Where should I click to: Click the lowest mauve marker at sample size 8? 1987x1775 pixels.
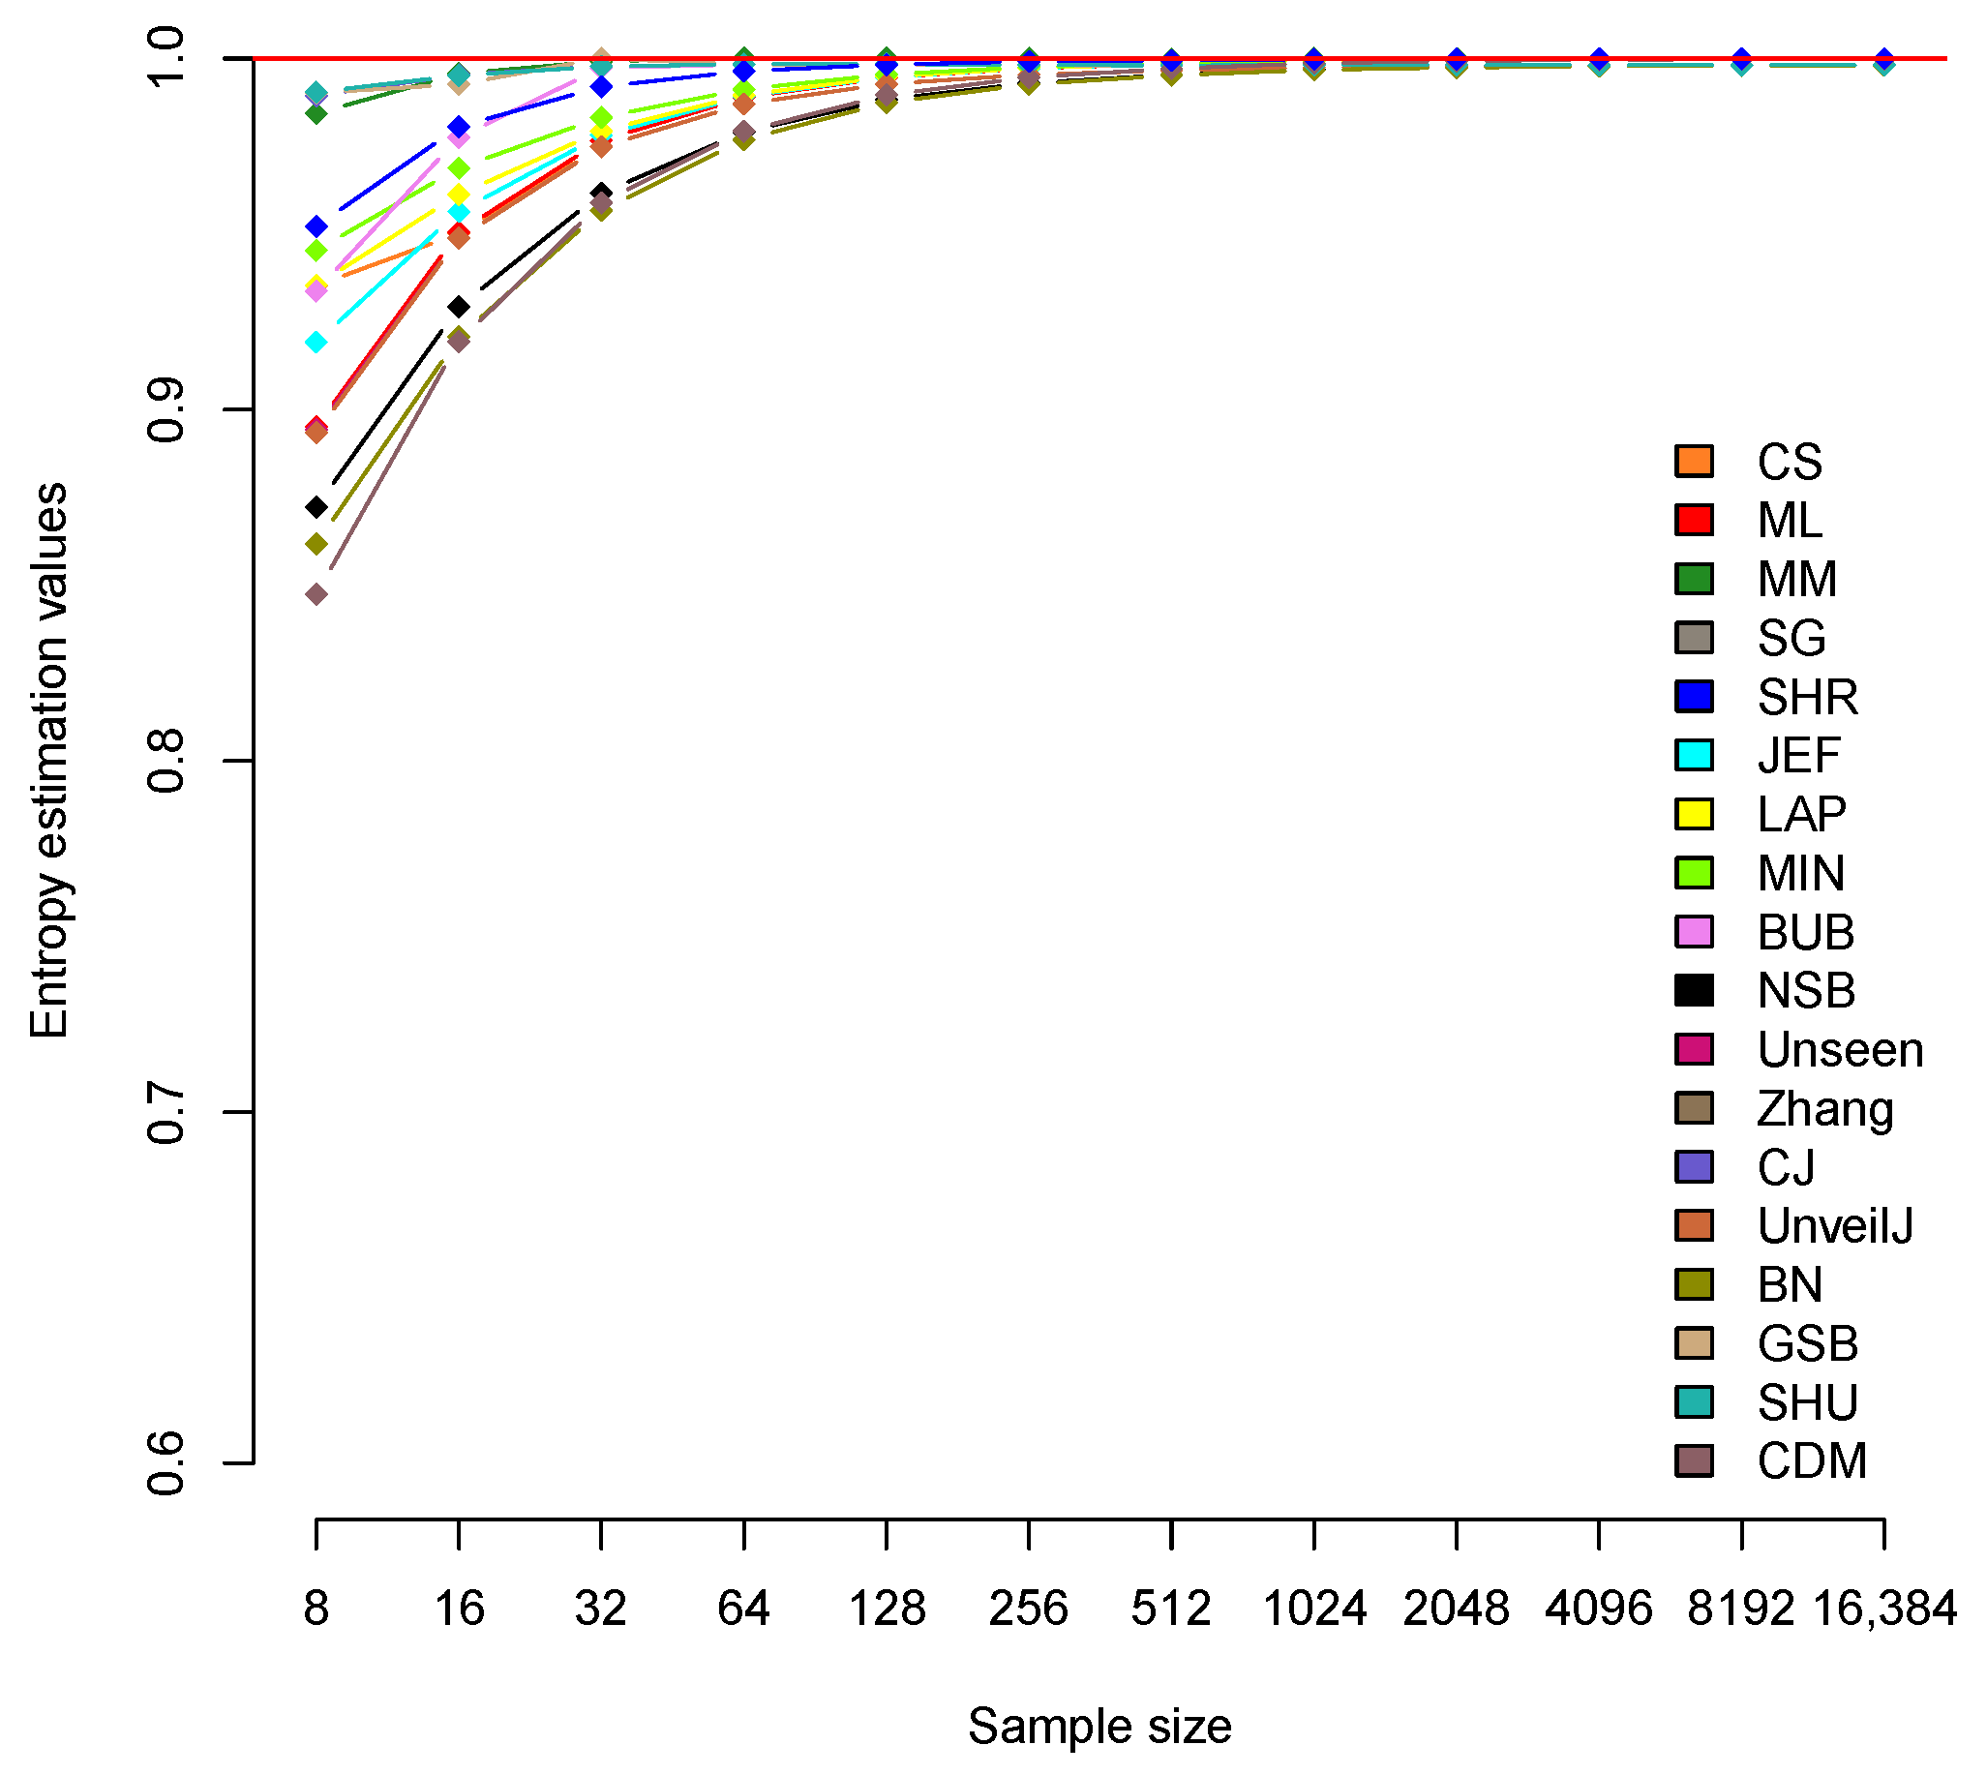pyautogui.click(x=316, y=594)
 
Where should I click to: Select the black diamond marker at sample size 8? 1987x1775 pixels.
pyautogui.click(x=316, y=507)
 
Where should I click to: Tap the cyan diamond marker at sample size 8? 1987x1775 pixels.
pyautogui.click(x=316, y=343)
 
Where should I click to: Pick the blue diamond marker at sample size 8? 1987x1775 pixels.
pyautogui.click(x=316, y=227)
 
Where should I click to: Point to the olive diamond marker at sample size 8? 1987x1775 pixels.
pyautogui.click(x=316, y=544)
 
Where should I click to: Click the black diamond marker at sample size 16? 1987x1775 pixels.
pyautogui.click(x=459, y=307)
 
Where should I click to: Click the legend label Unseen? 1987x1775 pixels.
pyautogui.click(x=1840, y=1050)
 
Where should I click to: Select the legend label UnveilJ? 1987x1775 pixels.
pyautogui.click(x=1835, y=1226)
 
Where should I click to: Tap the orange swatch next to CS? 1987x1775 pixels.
pyautogui.click(x=1695, y=462)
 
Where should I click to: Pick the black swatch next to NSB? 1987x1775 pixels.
pyautogui.click(x=1695, y=991)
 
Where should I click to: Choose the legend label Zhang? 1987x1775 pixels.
pyautogui.click(x=1825, y=1109)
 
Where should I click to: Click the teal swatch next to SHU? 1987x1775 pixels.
pyautogui.click(x=1695, y=1402)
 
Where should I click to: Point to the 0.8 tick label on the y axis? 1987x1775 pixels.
pyautogui.click(x=166, y=761)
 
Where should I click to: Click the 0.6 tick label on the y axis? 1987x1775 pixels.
pyautogui.click(x=166, y=1463)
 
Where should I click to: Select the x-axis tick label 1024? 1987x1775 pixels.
pyautogui.click(x=1314, y=1609)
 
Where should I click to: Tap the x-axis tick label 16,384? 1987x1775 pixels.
pyautogui.click(x=1883, y=1609)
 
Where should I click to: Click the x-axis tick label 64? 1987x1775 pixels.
pyautogui.click(x=743, y=1609)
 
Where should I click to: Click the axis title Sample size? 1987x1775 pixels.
pyautogui.click(x=1099, y=1727)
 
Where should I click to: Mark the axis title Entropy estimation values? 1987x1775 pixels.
pyautogui.click(x=48, y=761)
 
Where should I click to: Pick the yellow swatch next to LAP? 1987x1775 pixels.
pyautogui.click(x=1695, y=814)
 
